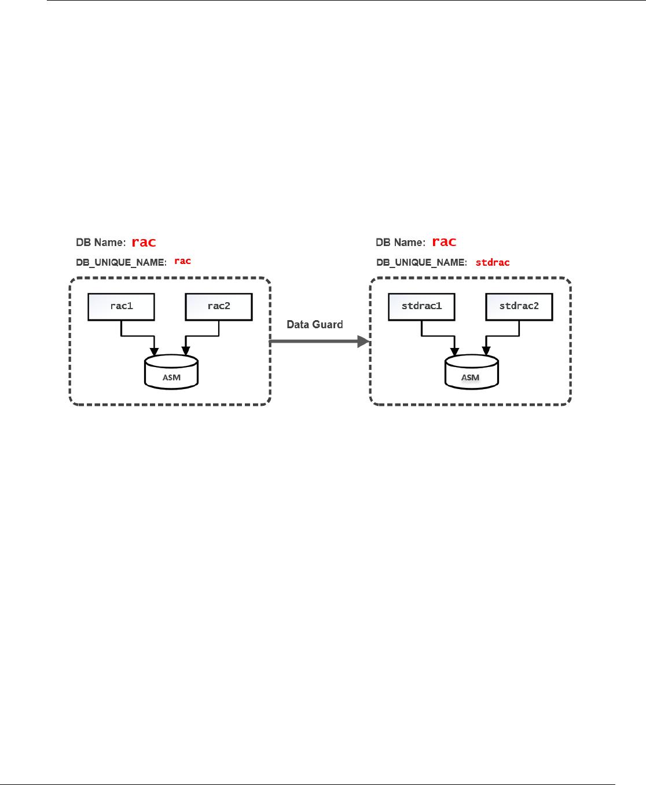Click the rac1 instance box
(121, 306)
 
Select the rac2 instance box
(219, 306)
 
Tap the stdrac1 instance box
(421, 306)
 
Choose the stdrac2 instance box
(519, 306)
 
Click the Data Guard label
(315, 325)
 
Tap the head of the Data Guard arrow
(364, 342)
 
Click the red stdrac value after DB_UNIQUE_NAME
(492, 262)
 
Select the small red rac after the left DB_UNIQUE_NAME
(182, 261)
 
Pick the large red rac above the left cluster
(144, 242)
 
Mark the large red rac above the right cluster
(444, 241)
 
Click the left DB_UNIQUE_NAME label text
(121, 262)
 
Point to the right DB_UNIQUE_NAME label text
(421, 262)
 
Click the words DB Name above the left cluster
(101, 242)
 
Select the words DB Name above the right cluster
(401, 242)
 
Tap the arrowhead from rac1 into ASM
(155, 351)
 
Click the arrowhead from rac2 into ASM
(186, 351)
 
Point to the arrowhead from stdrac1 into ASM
(455, 351)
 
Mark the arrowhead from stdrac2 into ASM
(486, 351)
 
